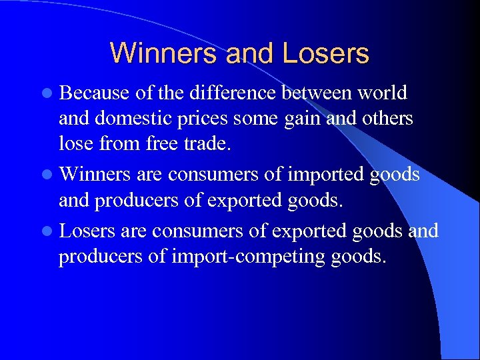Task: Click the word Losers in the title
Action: [326, 53]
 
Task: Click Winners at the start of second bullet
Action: [93, 175]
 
